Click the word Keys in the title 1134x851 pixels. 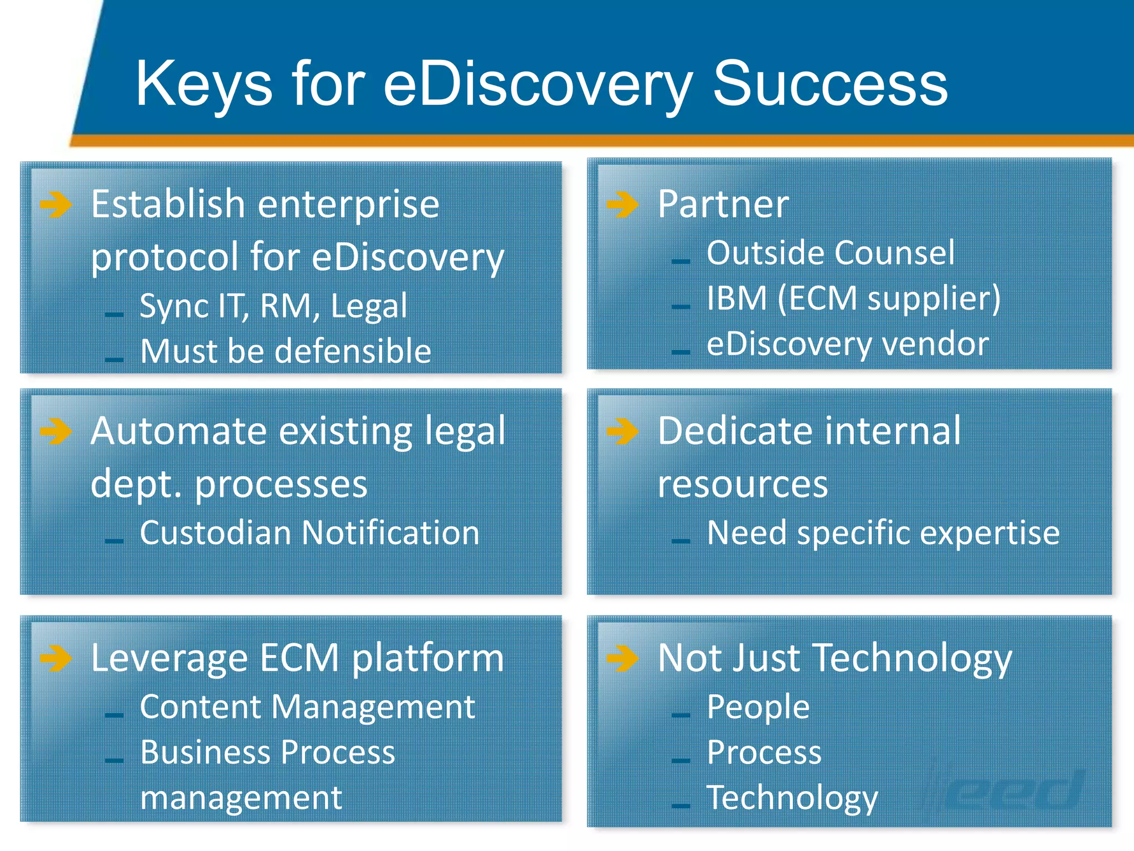[204, 84]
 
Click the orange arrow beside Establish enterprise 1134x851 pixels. [56, 204]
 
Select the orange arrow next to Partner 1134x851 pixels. [622, 204]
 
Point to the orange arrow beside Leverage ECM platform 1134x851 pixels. [56, 658]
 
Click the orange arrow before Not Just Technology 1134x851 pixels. [622, 658]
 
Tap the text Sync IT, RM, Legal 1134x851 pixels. [273, 306]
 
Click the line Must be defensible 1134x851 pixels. [285, 351]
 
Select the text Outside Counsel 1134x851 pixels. [831, 253]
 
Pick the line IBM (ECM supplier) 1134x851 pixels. [853, 299]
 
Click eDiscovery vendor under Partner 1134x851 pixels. [847, 344]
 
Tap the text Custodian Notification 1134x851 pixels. [309, 533]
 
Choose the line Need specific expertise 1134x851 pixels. [883, 533]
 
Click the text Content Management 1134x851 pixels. [307, 707]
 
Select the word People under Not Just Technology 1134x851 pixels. [758, 707]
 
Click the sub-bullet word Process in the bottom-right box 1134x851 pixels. [764, 752]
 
